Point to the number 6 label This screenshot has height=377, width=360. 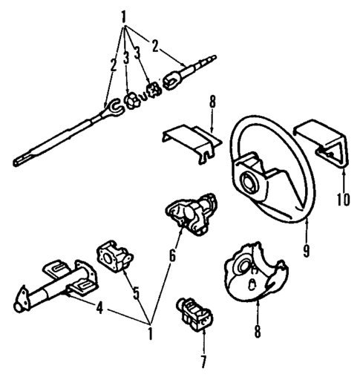[173, 257]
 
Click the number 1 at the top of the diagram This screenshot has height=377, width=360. [124, 15]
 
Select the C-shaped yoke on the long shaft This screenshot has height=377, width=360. [107, 111]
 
